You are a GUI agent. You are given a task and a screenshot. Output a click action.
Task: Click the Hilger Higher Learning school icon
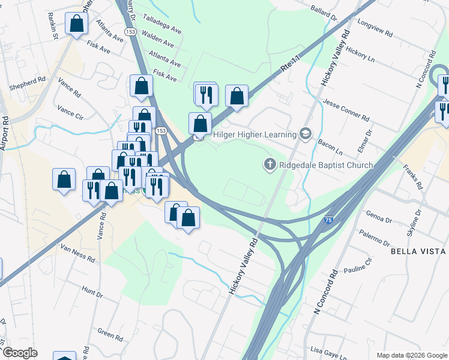click(x=306, y=133)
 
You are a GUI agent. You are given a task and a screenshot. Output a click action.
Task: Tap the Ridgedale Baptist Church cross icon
click(x=270, y=164)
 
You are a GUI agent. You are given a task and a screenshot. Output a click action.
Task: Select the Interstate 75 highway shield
click(x=345, y=221)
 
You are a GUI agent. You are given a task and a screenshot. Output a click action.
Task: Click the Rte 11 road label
click(x=289, y=64)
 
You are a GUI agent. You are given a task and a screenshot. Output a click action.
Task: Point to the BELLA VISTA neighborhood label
click(x=418, y=251)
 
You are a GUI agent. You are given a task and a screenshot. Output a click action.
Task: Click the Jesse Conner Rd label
click(x=345, y=108)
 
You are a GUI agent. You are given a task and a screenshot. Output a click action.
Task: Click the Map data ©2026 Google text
click(x=411, y=355)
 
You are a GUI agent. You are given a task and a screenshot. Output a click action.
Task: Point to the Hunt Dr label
click(x=92, y=292)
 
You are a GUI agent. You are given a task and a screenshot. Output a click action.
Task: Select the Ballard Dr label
click(x=325, y=11)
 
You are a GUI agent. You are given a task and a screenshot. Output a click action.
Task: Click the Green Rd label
click(x=110, y=334)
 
